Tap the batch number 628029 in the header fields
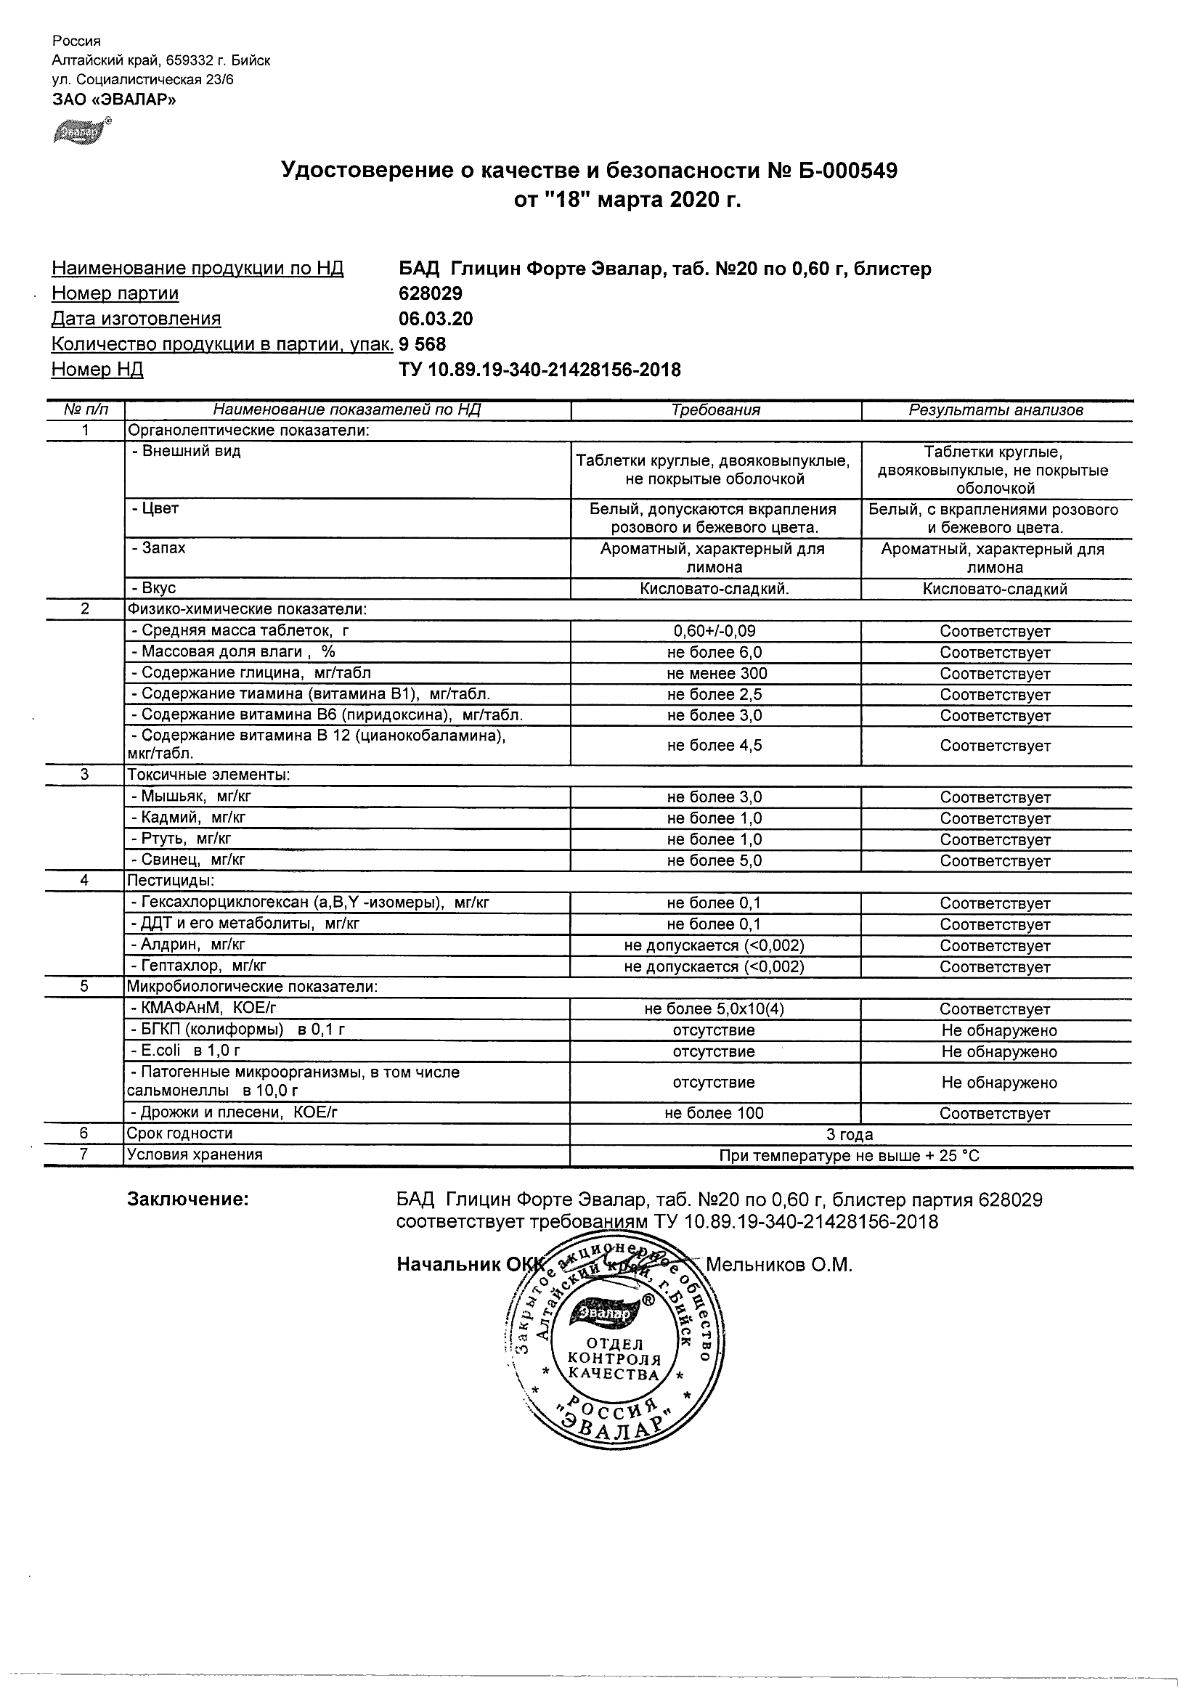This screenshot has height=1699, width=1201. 431,294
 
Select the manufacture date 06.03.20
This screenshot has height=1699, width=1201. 435,319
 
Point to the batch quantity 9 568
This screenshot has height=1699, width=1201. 423,344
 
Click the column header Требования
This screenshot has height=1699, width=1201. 715,410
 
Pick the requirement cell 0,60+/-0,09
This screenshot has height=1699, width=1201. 714,631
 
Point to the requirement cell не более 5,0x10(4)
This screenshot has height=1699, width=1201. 714,1009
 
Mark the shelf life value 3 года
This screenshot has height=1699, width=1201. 850,1134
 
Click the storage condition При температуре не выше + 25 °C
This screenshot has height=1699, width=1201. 850,1156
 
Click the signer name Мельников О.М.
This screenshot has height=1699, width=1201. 779,1265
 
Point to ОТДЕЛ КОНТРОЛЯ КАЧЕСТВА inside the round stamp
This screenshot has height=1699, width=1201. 614,1358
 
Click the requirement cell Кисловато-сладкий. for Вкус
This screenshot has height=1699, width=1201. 715,589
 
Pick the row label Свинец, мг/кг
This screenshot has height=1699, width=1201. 188,860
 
